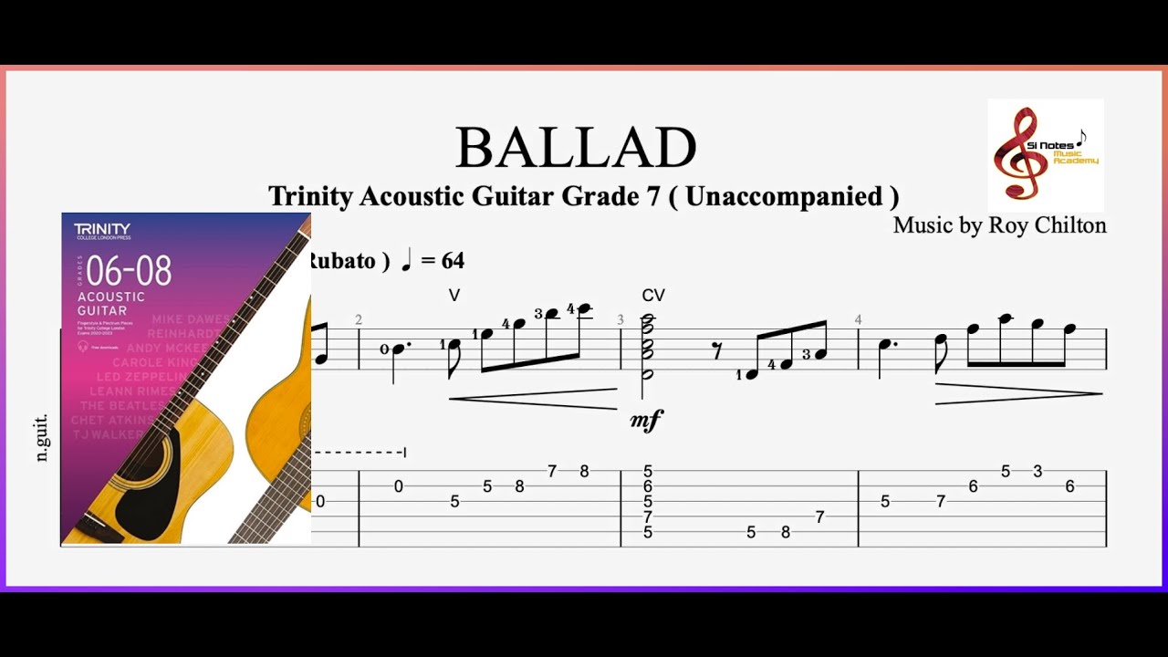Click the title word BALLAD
576,149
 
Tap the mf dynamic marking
646,421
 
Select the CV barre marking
653,296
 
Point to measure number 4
858,319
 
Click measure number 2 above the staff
359,319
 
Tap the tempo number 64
454,261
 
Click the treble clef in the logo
1020,153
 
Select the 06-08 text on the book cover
125,271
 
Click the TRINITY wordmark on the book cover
102,228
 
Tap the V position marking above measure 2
454,296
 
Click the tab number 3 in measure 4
1038,472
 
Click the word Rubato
341,261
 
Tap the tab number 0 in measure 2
398,486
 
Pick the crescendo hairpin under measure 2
533,399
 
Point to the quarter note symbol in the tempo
406,260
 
